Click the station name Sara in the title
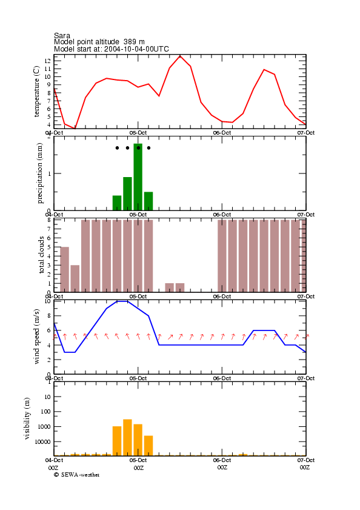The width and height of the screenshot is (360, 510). (62, 35)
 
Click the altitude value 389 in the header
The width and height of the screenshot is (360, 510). (130, 42)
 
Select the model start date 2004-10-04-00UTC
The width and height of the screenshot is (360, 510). (136, 49)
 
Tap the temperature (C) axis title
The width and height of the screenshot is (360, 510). (36, 92)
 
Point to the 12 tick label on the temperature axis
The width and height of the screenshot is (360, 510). (48, 61)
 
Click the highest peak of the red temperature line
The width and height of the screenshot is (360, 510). (180, 56)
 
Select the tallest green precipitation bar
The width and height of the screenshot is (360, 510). (138, 177)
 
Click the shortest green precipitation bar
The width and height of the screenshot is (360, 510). (117, 203)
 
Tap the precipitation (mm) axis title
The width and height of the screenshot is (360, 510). (39, 173)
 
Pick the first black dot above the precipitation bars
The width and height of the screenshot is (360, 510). (117, 148)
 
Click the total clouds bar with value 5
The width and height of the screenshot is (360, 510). (64, 269)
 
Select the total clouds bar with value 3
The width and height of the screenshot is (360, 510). (75, 278)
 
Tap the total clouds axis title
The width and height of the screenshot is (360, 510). (41, 255)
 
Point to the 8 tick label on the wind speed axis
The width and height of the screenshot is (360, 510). (49, 315)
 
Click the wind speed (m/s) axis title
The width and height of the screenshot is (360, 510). (36, 337)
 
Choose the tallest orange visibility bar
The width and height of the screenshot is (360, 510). (127, 437)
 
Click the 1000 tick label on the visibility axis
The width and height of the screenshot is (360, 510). (45, 427)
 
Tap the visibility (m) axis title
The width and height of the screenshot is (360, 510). (27, 418)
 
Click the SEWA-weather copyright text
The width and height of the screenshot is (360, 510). (77, 475)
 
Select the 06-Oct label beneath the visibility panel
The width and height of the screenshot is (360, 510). (222, 460)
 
